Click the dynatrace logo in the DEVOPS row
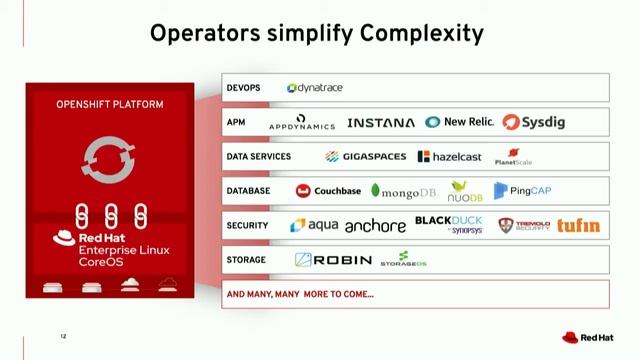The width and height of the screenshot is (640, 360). click(314, 88)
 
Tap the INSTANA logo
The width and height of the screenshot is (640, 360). click(380, 123)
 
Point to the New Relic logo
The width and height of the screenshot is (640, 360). click(459, 122)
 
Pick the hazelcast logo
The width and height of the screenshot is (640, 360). click(449, 157)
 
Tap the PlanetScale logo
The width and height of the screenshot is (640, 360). click(514, 157)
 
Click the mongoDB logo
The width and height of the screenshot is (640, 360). click(404, 191)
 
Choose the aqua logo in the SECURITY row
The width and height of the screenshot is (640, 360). click(314, 226)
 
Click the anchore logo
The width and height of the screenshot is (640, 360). click(375, 227)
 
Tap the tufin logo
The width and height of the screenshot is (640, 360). click(579, 226)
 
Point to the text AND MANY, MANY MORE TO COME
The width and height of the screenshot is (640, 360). click(300, 294)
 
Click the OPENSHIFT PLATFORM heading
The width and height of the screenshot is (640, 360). click(109, 104)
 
